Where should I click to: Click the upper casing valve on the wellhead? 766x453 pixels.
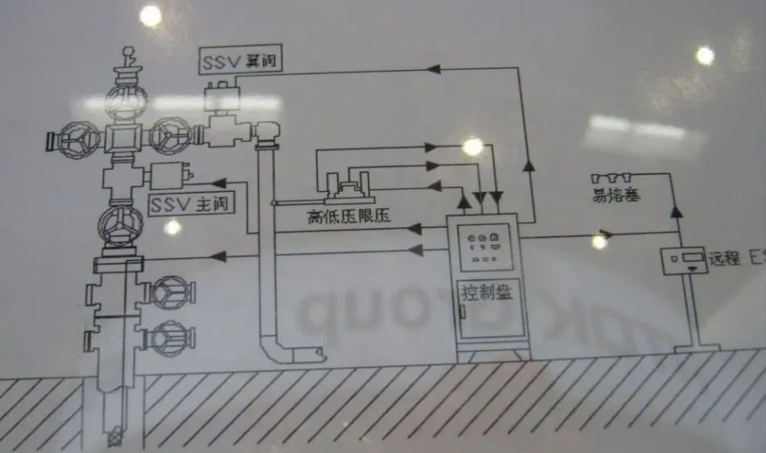(x=171, y=292)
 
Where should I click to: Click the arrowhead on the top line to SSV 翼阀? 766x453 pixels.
(x=433, y=70)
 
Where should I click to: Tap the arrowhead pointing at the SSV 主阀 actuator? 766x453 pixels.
(x=218, y=183)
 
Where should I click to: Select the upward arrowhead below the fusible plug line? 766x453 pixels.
(x=676, y=211)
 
